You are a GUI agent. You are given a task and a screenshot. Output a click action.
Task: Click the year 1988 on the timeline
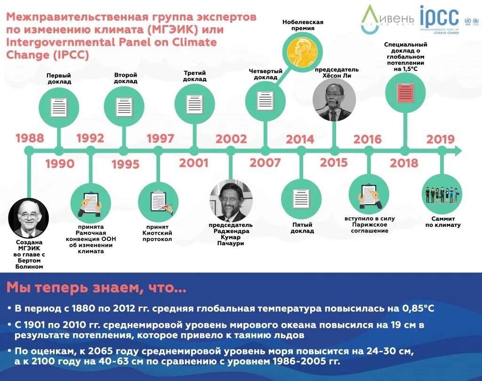point(30,138)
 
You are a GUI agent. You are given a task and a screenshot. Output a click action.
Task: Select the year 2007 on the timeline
point(265,163)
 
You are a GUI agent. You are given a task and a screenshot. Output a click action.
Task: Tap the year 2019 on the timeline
point(441,140)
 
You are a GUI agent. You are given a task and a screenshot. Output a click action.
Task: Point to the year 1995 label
point(125,164)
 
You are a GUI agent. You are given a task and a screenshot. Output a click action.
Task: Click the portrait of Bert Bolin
point(29,218)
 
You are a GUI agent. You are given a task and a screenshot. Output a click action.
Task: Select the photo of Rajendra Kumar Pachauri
point(231,201)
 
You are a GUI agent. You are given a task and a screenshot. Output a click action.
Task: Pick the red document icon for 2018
point(405,92)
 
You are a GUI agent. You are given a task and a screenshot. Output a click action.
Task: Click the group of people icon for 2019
point(442,195)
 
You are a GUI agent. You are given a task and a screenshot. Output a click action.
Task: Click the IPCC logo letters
point(439,17)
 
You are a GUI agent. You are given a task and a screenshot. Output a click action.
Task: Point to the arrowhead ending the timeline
point(457,151)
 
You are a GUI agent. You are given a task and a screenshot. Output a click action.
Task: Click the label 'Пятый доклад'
point(302,228)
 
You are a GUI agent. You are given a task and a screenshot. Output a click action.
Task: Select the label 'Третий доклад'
point(195,76)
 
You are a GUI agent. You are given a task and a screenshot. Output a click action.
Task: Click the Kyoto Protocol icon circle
point(158,202)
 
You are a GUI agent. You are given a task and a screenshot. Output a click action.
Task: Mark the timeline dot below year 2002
point(231,151)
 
